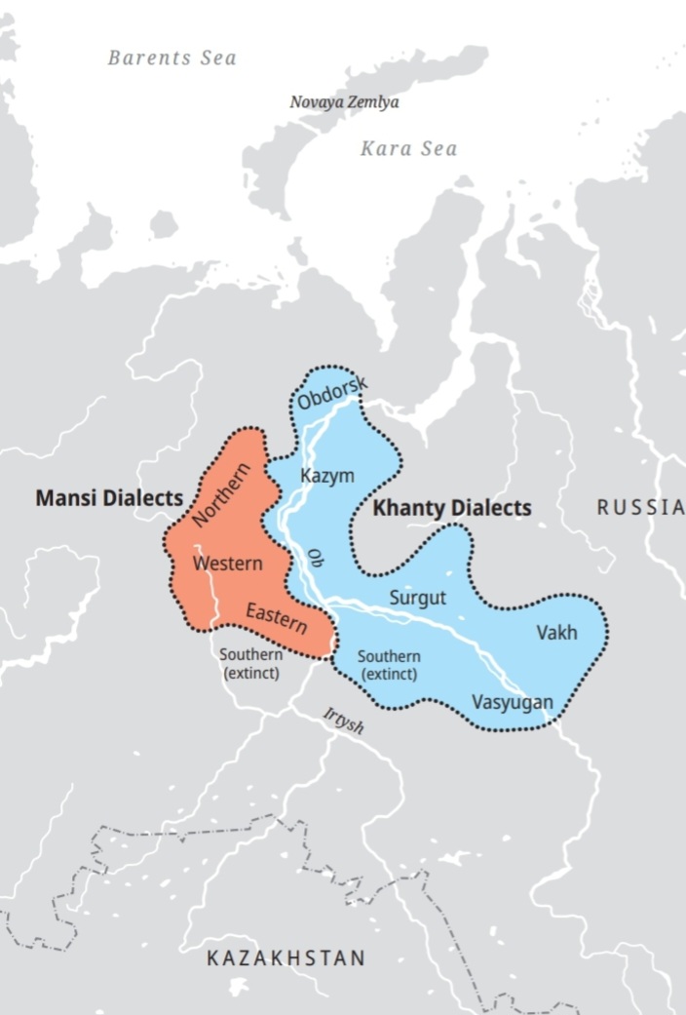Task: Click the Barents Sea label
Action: pyautogui.click(x=171, y=58)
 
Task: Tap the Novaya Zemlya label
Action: pyautogui.click(x=344, y=101)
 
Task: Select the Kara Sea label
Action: pyautogui.click(x=408, y=149)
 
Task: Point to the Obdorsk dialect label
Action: pyautogui.click(x=333, y=392)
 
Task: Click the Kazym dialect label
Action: pyautogui.click(x=326, y=476)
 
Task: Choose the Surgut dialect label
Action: pyautogui.click(x=417, y=598)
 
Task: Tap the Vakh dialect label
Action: pyautogui.click(x=556, y=633)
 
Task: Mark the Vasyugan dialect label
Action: pyautogui.click(x=512, y=702)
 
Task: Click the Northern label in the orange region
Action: pyautogui.click(x=222, y=495)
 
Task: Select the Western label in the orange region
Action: pyautogui.click(x=227, y=564)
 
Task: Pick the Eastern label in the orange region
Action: pyautogui.click(x=276, y=616)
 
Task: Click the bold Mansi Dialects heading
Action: pyautogui.click(x=109, y=497)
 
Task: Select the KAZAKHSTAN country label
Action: pyautogui.click(x=286, y=957)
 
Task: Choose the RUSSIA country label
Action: pyautogui.click(x=640, y=506)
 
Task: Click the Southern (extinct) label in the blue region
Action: pyautogui.click(x=389, y=665)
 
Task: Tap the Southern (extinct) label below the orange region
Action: pyautogui.click(x=250, y=664)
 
